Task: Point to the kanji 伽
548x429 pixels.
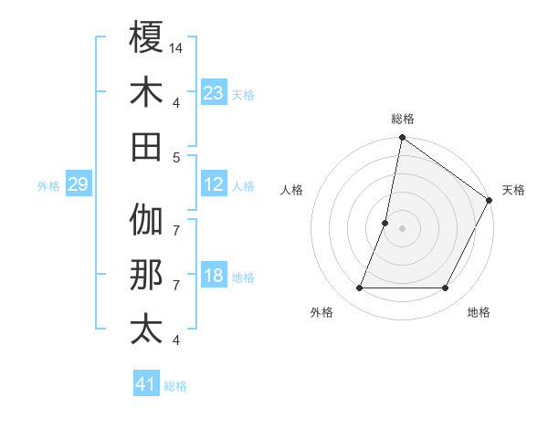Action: [146, 220]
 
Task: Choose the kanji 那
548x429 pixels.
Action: [146, 275]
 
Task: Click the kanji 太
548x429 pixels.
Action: [146, 330]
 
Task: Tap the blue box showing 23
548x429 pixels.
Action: [214, 93]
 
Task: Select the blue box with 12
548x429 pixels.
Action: [214, 185]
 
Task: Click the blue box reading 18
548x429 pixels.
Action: [214, 277]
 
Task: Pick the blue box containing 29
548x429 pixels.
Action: [78, 185]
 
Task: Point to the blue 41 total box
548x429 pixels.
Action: [146, 384]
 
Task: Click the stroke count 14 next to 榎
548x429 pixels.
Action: [177, 47]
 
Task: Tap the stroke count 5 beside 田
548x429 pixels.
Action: [176, 157]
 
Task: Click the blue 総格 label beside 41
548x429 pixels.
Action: [175, 386]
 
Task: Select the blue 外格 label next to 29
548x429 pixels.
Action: [48, 186]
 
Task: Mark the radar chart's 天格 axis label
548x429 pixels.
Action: [513, 190]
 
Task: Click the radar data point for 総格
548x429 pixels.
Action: [402, 139]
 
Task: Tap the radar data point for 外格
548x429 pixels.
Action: [359, 288]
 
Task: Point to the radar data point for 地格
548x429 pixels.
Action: [446, 288]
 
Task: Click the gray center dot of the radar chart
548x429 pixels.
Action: [402, 228]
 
